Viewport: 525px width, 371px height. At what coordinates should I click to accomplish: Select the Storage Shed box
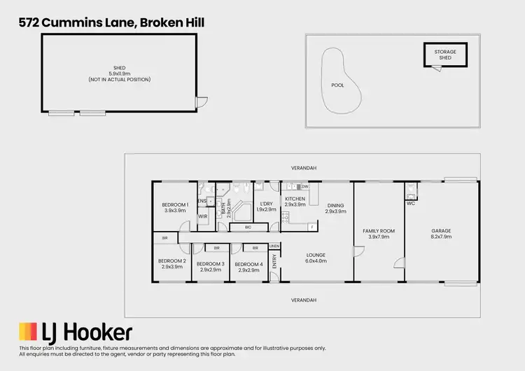coord(445,55)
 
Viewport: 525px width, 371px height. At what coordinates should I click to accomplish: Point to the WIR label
coord(203,217)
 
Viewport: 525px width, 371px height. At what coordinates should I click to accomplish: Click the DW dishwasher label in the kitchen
coord(305,187)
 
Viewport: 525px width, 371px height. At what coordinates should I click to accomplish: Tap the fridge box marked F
coord(311,227)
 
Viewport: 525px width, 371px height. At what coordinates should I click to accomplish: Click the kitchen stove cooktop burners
coord(286,218)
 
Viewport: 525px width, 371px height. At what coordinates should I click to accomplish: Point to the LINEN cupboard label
coord(274,246)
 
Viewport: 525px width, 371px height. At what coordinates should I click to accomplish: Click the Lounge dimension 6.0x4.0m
coord(316,260)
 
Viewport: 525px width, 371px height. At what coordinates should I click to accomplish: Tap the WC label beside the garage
coord(411,204)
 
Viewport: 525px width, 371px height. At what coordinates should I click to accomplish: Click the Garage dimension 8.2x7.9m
coord(441,237)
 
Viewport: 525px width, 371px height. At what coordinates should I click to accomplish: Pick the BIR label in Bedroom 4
coord(255,248)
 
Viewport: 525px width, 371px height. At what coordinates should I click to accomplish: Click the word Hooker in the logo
coord(99,332)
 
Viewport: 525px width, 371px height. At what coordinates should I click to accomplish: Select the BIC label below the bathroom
coord(248,227)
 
